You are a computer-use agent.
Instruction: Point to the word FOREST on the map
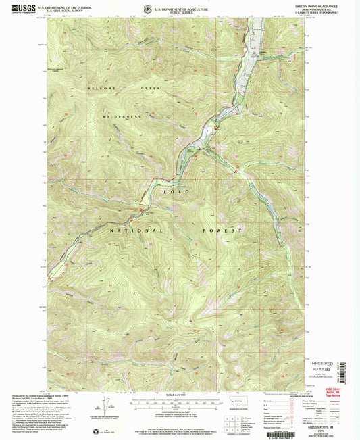click(x=222, y=230)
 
